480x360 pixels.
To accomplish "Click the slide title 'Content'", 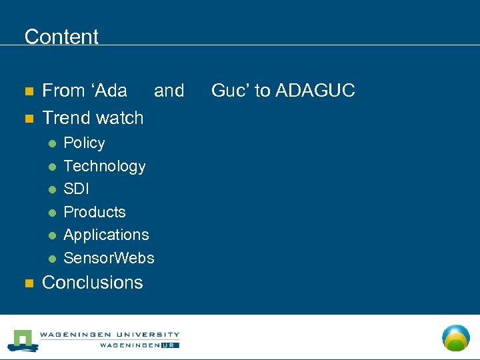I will (x=61, y=37).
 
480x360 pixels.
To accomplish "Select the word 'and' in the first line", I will (x=169, y=91).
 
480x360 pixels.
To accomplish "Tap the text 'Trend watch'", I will (x=93, y=118).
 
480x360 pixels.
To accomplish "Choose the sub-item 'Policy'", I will (x=84, y=143).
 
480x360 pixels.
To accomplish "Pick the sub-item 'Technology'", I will (x=104, y=166).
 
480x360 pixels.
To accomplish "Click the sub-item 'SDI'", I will (x=76, y=189).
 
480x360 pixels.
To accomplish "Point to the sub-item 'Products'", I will (x=94, y=212).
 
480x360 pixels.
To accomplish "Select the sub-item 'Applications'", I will (x=106, y=235).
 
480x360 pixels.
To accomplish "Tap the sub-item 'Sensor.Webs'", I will (x=109, y=258).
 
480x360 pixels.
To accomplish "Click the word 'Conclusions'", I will (x=92, y=283).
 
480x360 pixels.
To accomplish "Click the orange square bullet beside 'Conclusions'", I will (x=28, y=283).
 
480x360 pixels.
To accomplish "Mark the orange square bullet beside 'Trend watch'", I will (x=28, y=119).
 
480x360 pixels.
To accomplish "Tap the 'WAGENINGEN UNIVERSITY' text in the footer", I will (x=109, y=335).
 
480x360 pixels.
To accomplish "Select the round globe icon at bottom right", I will (x=456, y=337).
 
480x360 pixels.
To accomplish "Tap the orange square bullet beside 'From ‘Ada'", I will (x=28, y=91).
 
